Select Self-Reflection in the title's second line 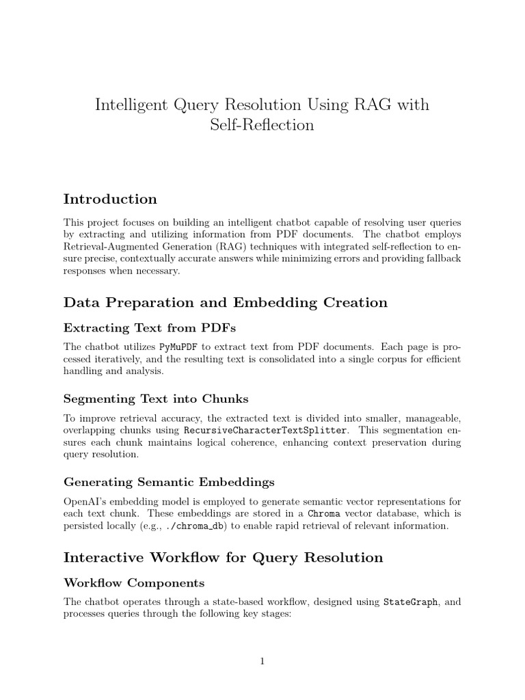coord(262,125)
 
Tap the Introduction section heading coord(110,199)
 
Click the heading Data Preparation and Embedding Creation coord(225,302)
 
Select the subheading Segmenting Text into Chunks coord(156,398)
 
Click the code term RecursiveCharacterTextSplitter coord(265,430)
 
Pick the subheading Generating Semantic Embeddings coord(169,482)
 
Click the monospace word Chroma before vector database coord(324,513)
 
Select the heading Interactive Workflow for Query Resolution coord(223,557)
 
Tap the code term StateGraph coord(410,602)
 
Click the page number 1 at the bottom coord(262,660)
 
